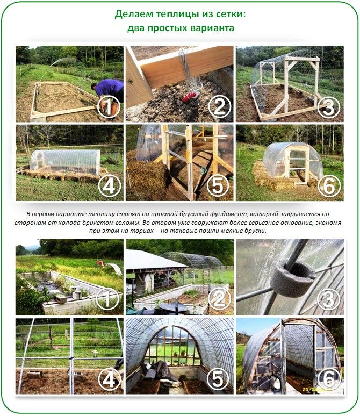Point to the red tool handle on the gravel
pos(190,97)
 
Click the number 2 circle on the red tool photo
pos(219,107)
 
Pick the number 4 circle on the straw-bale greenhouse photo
pos(109,186)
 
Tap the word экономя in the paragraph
pos(329,223)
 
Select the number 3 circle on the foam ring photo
pos(328,299)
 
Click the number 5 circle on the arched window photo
pos(218,378)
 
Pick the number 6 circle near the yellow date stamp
pos(329,378)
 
